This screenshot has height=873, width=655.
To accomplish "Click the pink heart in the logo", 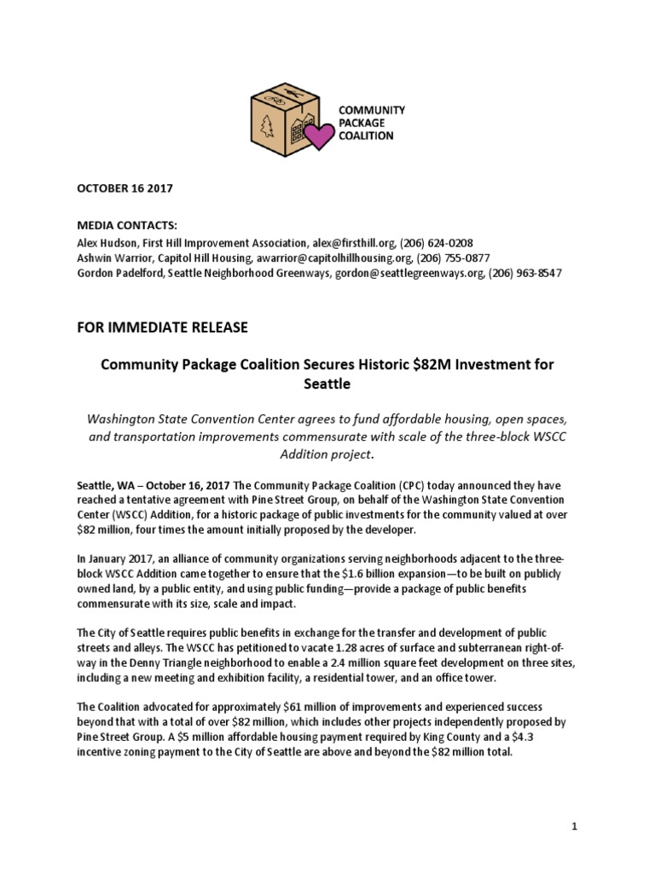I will click(x=320, y=135).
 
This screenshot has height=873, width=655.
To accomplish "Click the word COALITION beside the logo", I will click(x=368, y=136).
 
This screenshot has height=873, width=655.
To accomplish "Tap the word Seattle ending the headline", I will click(x=327, y=384).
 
